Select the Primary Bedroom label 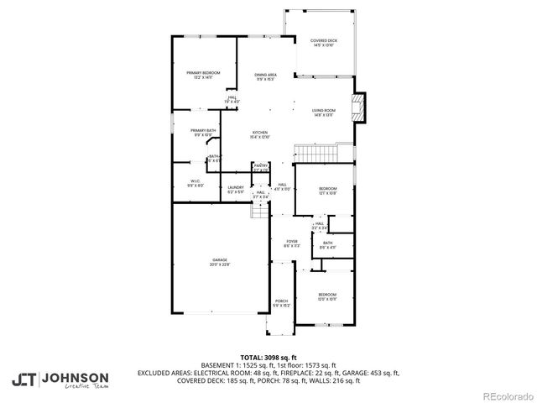click(x=203, y=76)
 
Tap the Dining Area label click(x=266, y=77)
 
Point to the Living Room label click(x=324, y=113)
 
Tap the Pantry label click(x=261, y=168)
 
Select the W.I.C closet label click(x=195, y=183)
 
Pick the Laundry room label click(x=236, y=190)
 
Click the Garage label click(x=220, y=263)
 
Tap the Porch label click(x=281, y=303)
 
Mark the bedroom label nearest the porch click(x=327, y=296)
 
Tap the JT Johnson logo click(x=60, y=380)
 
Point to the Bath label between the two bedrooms click(x=327, y=245)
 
